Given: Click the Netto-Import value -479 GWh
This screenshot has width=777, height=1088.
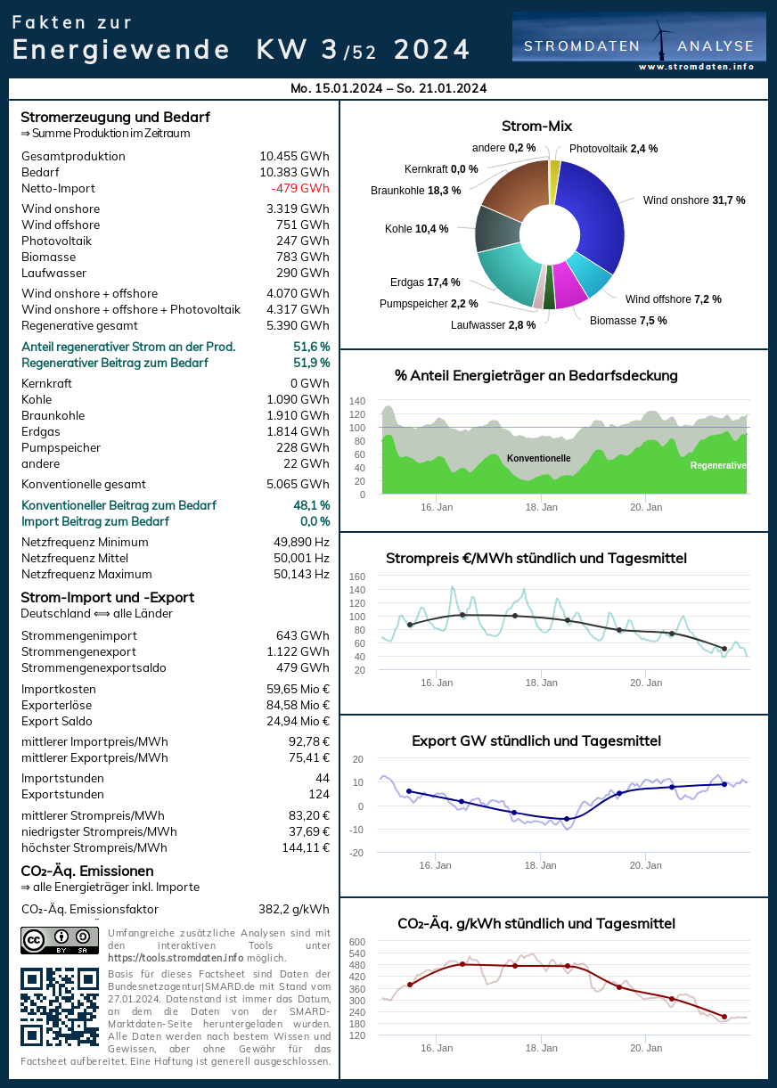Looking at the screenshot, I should (300, 188).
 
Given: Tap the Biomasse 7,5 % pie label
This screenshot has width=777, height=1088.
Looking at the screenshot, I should (628, 321).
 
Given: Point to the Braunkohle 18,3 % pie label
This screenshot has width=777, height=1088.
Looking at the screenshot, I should (415, 190).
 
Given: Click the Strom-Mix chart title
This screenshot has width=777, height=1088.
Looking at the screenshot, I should (536, 126).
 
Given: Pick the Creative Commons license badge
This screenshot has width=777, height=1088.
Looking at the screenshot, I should (60, 941).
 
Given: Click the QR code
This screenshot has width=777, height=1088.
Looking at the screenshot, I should (60, 1007).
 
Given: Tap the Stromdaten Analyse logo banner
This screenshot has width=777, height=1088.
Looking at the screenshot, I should (639, 43).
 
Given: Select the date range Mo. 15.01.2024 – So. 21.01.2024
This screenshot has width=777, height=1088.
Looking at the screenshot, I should (388, 88).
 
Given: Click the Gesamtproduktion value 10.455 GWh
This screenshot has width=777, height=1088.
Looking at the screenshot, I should (294, 156).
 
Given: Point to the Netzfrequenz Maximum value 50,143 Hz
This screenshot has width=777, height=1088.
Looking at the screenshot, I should (301, 574).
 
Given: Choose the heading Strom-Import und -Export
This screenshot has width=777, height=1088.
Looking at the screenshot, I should (107, 597).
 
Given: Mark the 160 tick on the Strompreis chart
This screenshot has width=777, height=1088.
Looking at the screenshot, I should (357, 577).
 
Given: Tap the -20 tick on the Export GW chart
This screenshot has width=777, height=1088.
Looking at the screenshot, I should (357, 853).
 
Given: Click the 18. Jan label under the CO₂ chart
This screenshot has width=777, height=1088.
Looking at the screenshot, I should (541, 1049).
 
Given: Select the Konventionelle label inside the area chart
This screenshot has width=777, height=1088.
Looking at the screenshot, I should (538, 458).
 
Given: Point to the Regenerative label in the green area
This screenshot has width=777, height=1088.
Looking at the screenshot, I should (718, 465).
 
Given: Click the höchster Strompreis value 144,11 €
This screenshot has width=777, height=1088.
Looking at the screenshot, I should (306, 847).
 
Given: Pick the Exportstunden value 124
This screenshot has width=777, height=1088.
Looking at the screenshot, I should (319, 794).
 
